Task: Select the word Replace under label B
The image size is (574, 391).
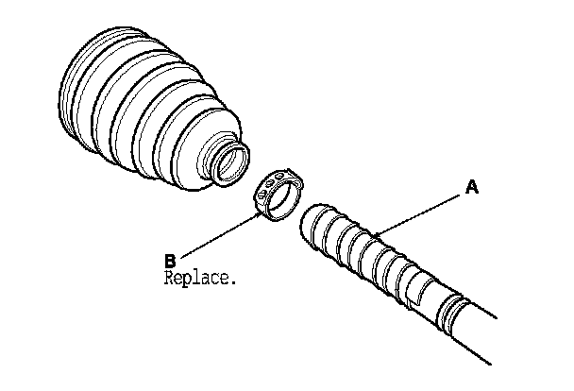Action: tap(198, 279)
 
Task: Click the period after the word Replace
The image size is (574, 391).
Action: tap(232, 282)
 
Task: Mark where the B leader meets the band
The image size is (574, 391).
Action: tap(262, 213)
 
